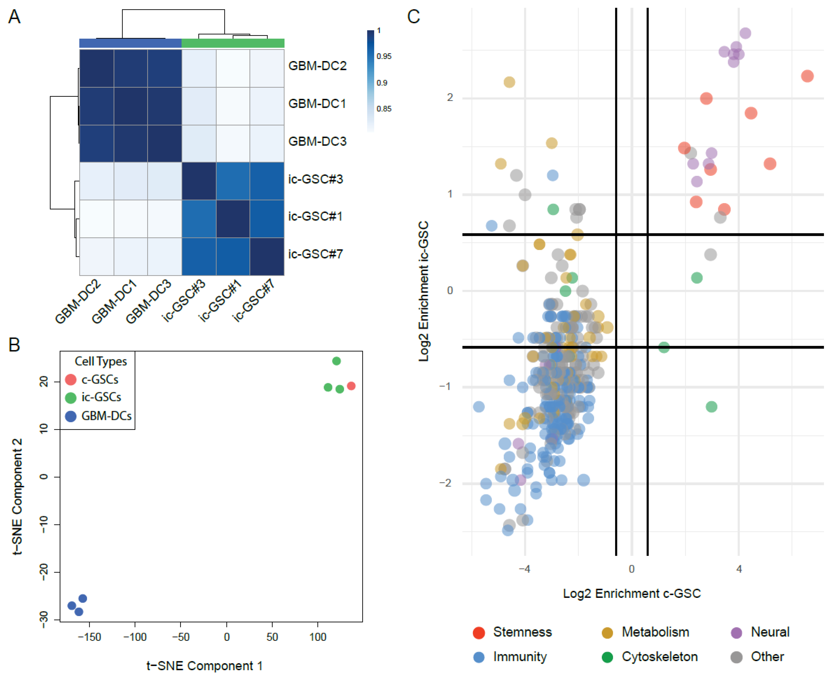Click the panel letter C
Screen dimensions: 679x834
point(413,17)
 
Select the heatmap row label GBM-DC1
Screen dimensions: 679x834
point(317,104)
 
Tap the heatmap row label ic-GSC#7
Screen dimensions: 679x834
point(315,254)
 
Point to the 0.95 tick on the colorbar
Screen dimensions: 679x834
point(384,56)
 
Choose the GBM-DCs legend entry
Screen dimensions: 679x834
point(106,416)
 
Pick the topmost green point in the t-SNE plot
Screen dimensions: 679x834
point(336,361)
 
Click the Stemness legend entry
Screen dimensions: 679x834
point(522,632)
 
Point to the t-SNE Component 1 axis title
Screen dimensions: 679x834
point(204,666)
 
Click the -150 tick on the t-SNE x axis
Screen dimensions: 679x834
point(89,637)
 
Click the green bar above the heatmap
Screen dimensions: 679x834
point(233,43)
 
